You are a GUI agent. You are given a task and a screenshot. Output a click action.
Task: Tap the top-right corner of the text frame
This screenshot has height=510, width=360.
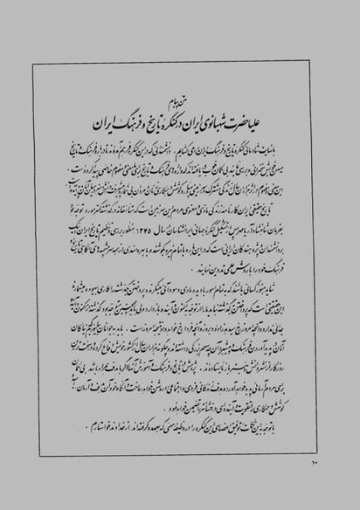329,65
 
